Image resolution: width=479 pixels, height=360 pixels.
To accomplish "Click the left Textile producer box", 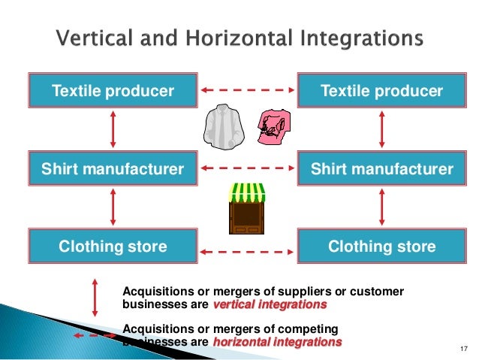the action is click(113, 92).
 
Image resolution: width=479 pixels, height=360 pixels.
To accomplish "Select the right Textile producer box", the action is click(381, 92).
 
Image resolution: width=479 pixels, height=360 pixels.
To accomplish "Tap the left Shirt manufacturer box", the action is click(113, 169).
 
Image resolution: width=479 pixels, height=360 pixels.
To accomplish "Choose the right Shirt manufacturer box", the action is click(381, 169).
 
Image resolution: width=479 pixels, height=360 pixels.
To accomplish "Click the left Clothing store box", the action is click(113, 247).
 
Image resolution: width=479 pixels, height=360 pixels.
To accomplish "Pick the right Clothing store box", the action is click(381, 247).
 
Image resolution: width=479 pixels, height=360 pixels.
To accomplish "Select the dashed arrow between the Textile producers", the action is click(247, 91).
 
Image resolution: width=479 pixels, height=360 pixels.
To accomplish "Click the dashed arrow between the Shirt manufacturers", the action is click(247, 168).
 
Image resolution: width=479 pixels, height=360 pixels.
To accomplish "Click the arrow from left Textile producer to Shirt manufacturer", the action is click(113, 130).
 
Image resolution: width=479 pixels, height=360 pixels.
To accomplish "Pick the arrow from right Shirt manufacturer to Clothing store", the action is click(381, 207).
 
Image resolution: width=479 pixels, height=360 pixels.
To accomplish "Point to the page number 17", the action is click(462, 347).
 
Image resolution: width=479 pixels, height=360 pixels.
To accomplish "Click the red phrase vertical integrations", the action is click(270, 306).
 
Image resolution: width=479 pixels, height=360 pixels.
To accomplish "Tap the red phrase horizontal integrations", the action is click(277, 342).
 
